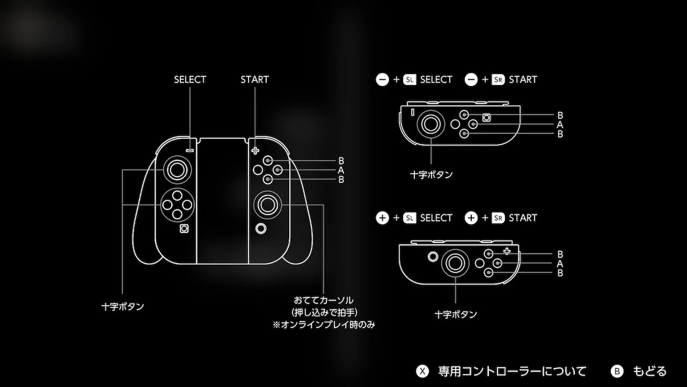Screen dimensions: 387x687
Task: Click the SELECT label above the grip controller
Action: tap(189, 80)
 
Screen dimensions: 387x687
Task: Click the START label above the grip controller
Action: tap(255, 80)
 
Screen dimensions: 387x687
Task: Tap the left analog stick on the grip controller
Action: tap(176, 169)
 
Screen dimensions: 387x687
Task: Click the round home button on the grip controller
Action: tap(262, 228)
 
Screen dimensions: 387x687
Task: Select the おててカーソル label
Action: tap(323, 300)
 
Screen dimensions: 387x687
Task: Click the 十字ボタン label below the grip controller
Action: tap(123, 307)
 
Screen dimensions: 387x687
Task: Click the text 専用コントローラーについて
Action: tap(512, 371)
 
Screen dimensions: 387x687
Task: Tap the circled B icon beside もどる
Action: tap(617, 371)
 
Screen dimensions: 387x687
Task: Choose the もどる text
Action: tap(650, 371)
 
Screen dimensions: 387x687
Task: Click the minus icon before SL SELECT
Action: tap(382, 80)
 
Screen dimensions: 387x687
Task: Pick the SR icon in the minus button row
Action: tap(498, 80)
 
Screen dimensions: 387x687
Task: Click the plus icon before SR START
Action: tap(471, 218)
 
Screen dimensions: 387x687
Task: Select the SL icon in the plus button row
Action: tap(409, 218)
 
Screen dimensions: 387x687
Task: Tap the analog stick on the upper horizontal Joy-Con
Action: tap(430, 123)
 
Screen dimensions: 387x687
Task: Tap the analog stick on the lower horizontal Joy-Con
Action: tap(456, 263)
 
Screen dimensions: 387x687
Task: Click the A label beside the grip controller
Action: tap(341, 170)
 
